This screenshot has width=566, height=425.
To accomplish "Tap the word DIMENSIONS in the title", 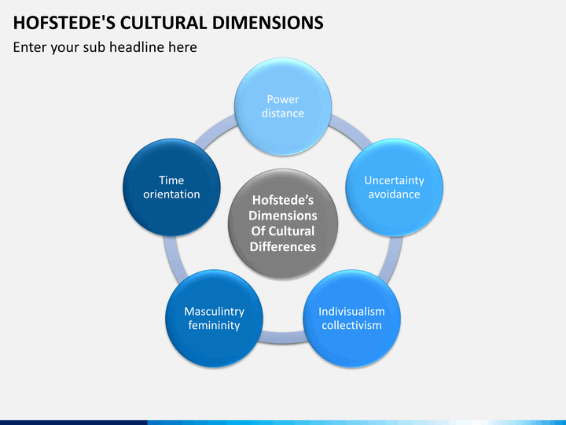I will coord(268,23).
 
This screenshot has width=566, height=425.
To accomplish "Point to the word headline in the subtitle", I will coord(138,47).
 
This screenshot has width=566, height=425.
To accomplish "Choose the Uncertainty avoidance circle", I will coord(394,187).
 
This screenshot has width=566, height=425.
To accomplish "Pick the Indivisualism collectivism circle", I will coord(351,318).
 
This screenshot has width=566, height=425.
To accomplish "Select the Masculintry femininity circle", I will coord(214,318).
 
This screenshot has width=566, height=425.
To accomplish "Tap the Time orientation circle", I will coord(171,187).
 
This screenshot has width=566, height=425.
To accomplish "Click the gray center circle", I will coord(283,224).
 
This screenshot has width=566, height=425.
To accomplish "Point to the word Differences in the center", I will coord(283,246).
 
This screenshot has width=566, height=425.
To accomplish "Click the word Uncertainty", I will coord(394,180).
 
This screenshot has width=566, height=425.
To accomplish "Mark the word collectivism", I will coord(351,325).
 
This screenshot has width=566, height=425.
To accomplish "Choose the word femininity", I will coord(214,325).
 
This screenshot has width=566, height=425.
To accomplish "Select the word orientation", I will coord(171,194).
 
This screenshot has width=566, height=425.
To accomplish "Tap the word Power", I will coord(283,99).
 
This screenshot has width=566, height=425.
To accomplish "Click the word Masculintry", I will coord(214,311).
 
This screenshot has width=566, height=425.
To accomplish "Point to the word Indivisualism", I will coord(351,311).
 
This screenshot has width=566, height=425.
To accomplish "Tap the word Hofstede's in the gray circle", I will coord(283,200).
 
